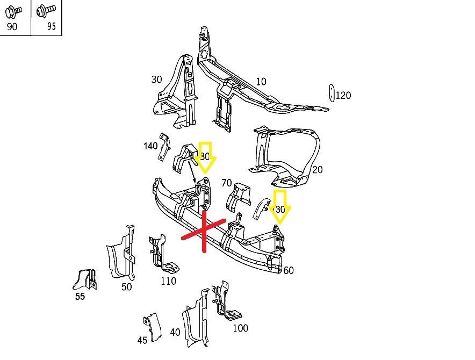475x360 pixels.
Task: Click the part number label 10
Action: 261,82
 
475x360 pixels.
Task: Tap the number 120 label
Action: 343,96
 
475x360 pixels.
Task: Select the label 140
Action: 150,146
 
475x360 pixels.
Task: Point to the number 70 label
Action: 226,183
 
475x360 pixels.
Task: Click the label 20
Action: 317,170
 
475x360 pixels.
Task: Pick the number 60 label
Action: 289,270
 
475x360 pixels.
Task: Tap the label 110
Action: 168,281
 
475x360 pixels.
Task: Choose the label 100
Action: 240,328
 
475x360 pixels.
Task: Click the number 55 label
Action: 80,296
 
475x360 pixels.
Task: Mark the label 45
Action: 142,340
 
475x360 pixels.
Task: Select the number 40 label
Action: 175,333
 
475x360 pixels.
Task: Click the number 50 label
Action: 126,287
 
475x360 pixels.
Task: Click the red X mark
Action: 204,232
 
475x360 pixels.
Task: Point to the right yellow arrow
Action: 280,206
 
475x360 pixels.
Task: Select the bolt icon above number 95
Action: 46,10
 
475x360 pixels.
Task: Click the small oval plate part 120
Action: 332,92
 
